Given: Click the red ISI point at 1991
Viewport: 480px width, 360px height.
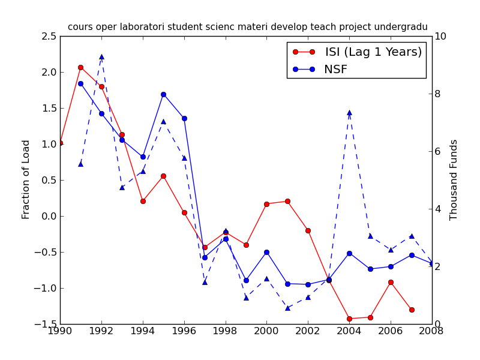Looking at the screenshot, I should tap(80, 68).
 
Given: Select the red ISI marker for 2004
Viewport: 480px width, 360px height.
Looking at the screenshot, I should tap(349, 319).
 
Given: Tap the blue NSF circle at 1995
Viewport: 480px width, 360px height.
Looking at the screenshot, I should tap(163, 94).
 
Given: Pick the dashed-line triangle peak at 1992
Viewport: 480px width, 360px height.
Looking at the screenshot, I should tap(101, 56).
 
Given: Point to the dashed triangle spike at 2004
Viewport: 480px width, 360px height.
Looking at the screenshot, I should tap(349, 112).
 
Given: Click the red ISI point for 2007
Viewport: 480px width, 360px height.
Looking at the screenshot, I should tap(412, 310).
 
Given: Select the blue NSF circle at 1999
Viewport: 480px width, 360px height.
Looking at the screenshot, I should tap(246, 280).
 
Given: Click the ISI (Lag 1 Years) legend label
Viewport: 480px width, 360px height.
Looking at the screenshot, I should tap(373, 52).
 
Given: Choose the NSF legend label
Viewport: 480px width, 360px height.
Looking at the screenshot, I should tap(335, 70).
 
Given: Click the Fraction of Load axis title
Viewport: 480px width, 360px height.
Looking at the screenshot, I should tap(26, 179).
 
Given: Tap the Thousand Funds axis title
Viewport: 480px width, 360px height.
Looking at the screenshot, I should tap(454, 180).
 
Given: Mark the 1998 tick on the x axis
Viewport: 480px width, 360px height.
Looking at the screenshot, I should tap(225, 331).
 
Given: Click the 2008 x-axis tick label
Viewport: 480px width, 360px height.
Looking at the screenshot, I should tap(432, 331).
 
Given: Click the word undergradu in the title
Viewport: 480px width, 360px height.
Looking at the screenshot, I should tap(401, 27).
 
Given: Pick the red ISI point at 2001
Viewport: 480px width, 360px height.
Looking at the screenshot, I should tap(287, 202).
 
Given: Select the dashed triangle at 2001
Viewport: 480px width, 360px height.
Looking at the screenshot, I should tap(287, 308).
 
